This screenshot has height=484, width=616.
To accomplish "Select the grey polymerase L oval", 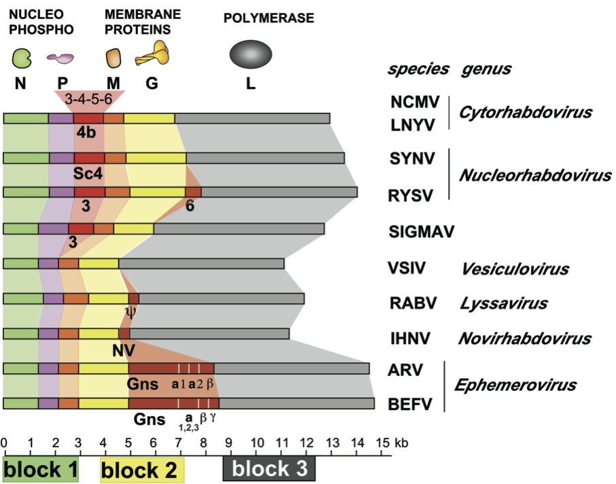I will tap(251, 54).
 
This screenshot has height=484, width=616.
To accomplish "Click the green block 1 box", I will tap(40, 469).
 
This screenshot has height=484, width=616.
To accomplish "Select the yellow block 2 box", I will tap(142, 469).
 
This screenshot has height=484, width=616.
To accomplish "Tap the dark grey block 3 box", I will tap(269, 468).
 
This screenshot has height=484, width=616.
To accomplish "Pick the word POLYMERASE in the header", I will tap(269, 18).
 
